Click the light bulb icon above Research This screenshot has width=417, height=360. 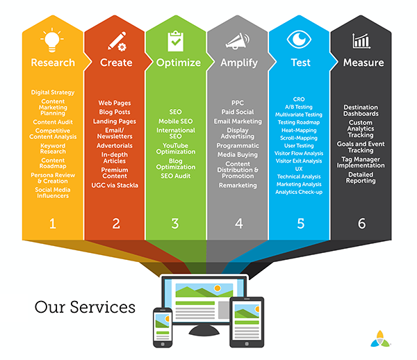(52, 40)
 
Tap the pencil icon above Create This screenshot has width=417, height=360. (117, 41)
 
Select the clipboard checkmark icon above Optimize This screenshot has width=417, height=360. (176, 41)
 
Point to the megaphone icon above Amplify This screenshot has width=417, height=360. (238, 41)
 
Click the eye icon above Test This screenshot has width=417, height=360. (299, 40)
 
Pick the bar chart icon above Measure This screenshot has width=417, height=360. (361, 41)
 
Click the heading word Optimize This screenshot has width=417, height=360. (179, 63)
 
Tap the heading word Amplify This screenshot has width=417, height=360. (239, 63)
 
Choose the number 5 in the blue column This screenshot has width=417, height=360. (300, 224)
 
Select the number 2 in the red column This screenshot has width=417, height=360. (116, 224)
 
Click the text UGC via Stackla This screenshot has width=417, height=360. (115, 186)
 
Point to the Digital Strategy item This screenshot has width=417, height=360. (53, 92)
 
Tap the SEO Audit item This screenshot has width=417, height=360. (176, 176)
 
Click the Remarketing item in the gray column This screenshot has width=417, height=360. (238, 186)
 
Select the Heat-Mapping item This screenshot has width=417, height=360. (299, 130)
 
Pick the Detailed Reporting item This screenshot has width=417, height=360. (361, 178)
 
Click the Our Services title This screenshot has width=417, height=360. (85, 307)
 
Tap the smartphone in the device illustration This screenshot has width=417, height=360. (163, 327)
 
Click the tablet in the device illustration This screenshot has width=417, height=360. (247, 322)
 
